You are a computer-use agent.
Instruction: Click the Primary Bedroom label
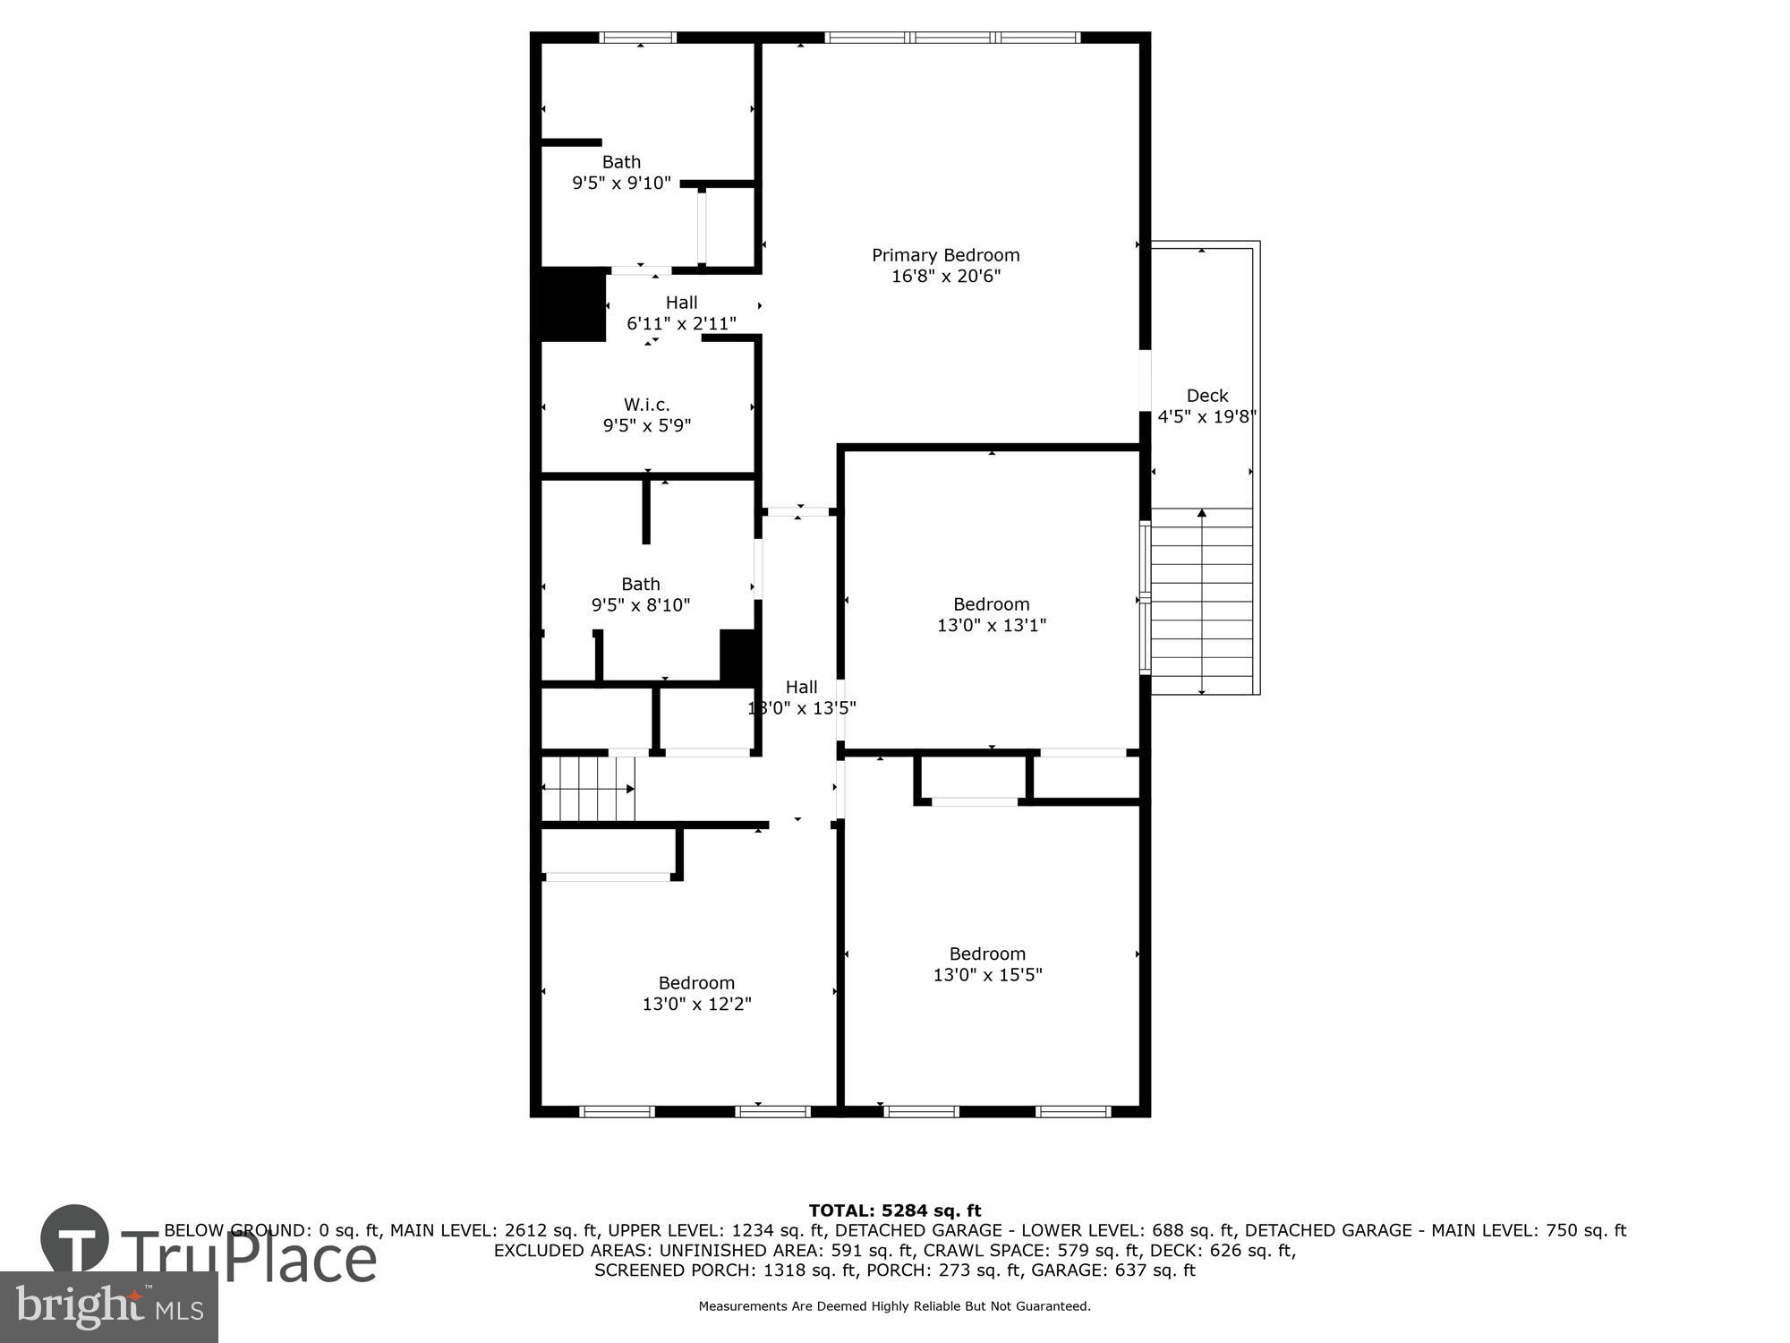(x=945, y=255)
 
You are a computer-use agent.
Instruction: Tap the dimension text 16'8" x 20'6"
(x=945, y=277)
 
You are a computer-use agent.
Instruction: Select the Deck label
(x=1206, y=396)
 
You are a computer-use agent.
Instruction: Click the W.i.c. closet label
(x=646, y=405)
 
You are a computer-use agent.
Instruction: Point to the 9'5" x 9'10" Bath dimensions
(x=621, y=184)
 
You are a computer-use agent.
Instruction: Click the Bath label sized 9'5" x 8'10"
(x=641, y=584)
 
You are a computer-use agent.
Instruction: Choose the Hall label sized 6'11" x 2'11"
(x=681, y=303)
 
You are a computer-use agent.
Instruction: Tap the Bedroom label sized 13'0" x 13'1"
(x=991, y=604)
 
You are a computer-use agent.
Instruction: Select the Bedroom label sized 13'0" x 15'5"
(x=987, y=954)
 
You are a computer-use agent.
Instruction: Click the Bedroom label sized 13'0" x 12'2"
(x=696, y=983)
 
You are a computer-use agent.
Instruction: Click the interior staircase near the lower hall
(x=588, y=789)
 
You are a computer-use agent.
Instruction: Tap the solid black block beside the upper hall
(x=570, y=304)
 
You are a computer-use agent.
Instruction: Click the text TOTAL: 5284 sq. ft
(x=894, y=1211)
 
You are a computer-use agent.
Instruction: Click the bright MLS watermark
(x=109, y=1307)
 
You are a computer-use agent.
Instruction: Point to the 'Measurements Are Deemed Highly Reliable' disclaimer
(x=894, y=1306)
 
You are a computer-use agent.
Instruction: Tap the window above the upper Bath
(x=637, y=38)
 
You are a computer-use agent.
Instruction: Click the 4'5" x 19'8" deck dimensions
(x=1206, y=416)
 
